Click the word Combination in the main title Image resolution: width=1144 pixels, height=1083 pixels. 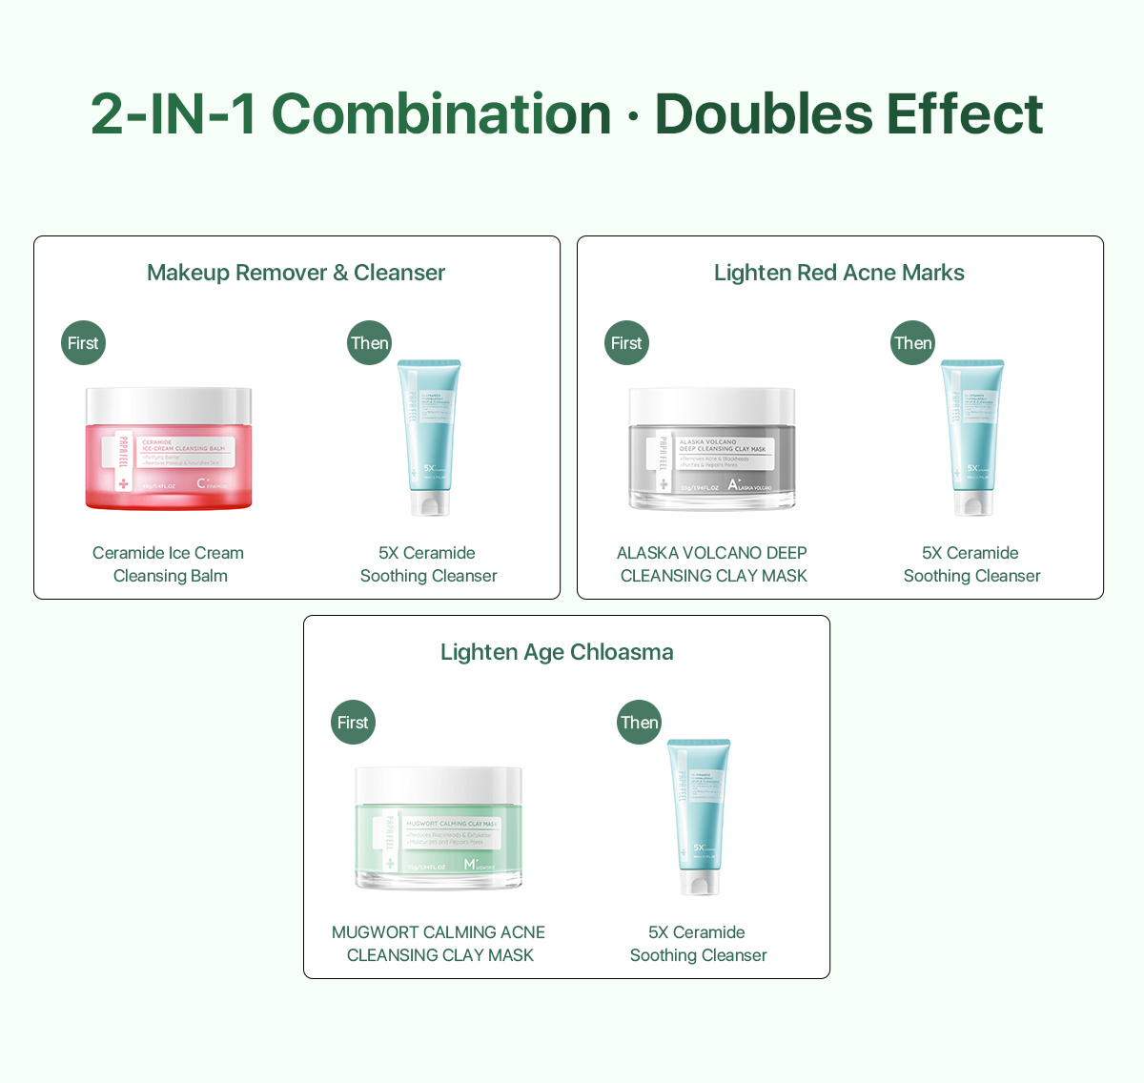pos(441,114)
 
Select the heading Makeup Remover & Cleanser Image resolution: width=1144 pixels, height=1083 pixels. pos(296,273)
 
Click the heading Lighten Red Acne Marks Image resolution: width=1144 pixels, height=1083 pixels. pos(839,273)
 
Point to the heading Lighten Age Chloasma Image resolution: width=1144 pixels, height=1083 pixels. pos(557,652)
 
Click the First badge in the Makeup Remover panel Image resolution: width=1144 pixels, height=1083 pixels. pos(83,343)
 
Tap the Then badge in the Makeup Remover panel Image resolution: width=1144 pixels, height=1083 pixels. pos(370,343)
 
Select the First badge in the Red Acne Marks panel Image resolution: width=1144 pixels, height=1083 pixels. pos(626,343)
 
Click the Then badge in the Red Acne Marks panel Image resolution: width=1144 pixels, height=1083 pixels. pos(913,343)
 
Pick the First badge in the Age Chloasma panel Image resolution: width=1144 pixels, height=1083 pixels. pos(353,723)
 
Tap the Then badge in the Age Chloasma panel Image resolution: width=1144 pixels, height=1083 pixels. pos(640,723)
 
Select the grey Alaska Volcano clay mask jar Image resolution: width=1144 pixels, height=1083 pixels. pos(712,462)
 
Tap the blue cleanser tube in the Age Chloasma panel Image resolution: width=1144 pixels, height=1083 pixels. pos(699,816)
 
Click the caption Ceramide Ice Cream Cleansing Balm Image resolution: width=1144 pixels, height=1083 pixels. pos(169,564)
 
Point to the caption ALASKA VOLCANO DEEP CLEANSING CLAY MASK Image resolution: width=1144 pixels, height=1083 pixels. pos(712,564)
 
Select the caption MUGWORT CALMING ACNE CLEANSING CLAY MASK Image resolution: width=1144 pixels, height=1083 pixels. pos(439,944)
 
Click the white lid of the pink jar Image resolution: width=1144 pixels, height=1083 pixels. pos(169,405)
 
